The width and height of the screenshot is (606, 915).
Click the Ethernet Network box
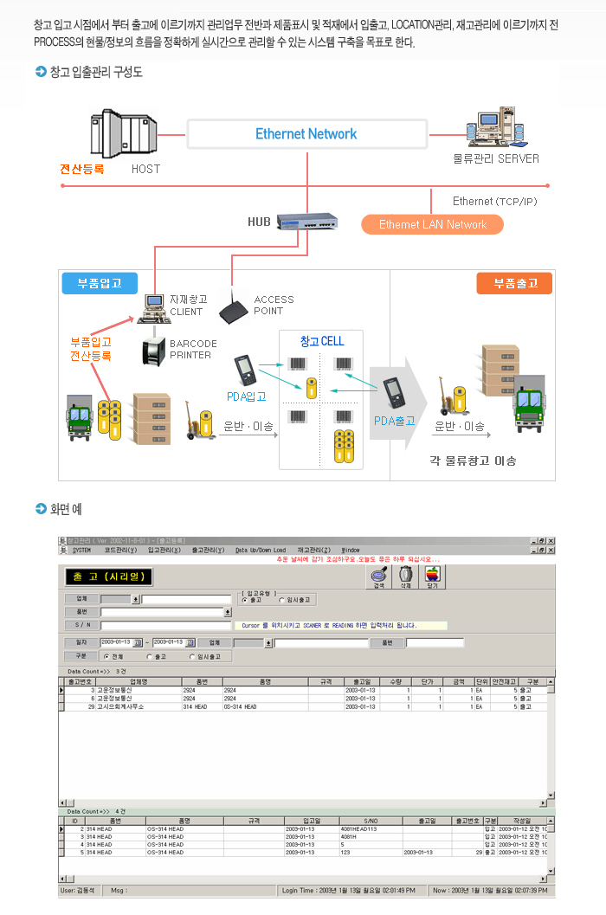[306, 134]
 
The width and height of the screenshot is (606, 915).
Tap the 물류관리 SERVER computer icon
[496, 130]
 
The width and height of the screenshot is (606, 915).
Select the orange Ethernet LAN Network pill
[433, 224]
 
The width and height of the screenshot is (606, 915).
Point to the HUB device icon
[307, 222]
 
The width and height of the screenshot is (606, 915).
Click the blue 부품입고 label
[100, 283]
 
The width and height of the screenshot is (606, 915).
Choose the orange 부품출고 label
[515, 283]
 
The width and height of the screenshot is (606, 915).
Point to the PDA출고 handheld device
[396, 394]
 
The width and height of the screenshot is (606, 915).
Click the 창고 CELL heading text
[322, 341]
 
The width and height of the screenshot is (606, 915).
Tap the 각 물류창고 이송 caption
[473, 460]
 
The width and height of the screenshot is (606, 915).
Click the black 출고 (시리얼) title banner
[108, 576]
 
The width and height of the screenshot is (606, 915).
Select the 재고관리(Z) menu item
[313, 550]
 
